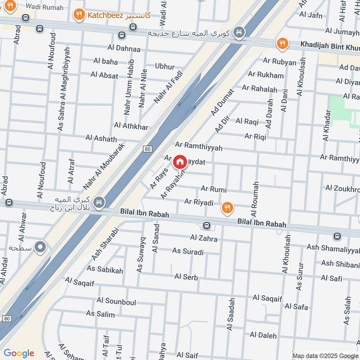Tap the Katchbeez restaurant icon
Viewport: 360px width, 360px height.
(x=79, y=15)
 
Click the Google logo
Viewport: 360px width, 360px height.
(x=19, y=353)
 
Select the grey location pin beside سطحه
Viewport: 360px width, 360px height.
(x=41, y=247)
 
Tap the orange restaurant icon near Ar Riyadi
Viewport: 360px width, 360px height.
(x=228, y=207)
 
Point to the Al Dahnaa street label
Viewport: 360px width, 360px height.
(x=124, y=49)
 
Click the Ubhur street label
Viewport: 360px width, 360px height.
(x=164, y=67)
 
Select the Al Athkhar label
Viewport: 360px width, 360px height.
(x=131, y=126)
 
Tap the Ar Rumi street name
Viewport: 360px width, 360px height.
(x=213, y=189)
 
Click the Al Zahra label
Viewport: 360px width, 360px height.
(x=203, y=238)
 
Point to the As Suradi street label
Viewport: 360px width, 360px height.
(x=188, y=251)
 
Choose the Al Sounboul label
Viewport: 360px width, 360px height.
(x=116, y=301)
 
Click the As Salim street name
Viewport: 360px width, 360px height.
(x=100, y=314)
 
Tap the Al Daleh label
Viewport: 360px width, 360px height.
(x=263, y=335)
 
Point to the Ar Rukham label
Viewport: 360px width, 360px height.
(x=265, y=75)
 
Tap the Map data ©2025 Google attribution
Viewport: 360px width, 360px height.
(x=325, y=355)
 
